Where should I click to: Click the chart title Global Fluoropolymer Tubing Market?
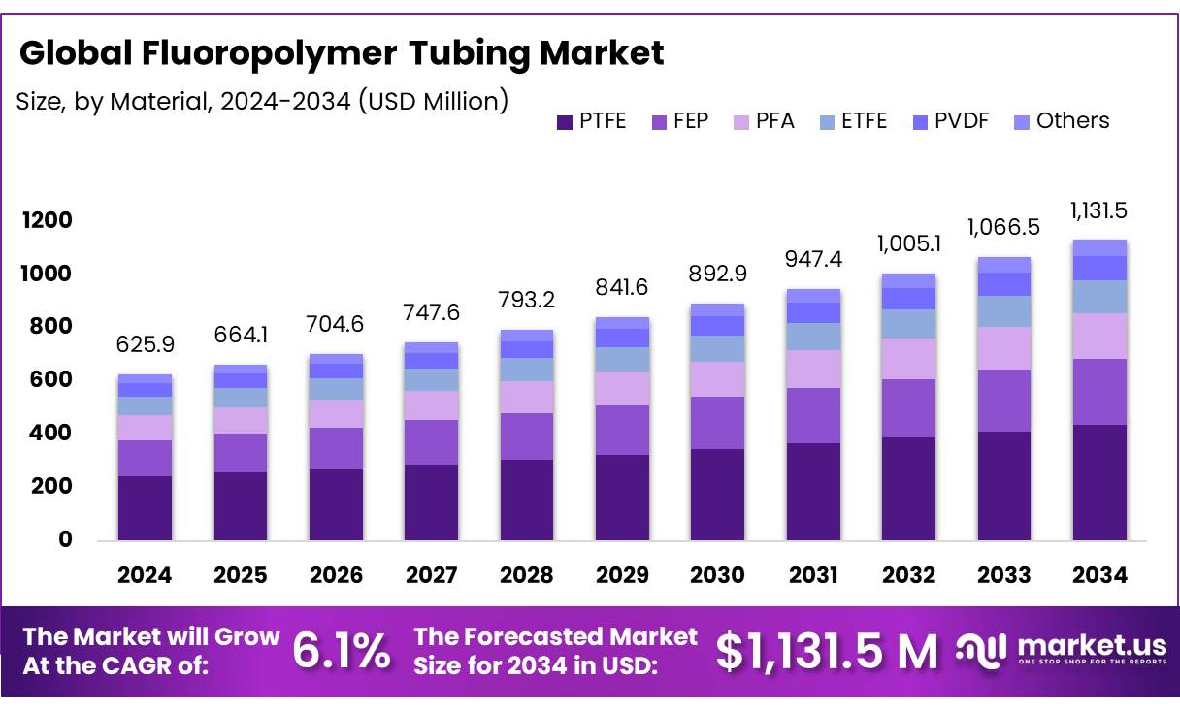tap(342, 53)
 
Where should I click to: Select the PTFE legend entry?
tap(591, 121)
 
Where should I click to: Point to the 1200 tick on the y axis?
tap(48, 221)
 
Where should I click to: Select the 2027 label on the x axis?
tap(431, 575)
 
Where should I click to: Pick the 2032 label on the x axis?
tap(909, 575)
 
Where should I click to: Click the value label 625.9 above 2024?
tap(145, 343)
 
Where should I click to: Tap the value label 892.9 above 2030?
tap(718, 274)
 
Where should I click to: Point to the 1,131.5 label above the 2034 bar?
tap(1098, 210)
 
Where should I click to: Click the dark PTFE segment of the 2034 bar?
tap(1099, 482)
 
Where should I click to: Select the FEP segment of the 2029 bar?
tap(622, 430)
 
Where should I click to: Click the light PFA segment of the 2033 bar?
tap(1003, 348)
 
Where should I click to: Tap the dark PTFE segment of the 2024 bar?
tap(145, 507)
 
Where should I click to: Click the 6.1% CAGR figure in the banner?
tap(342, 651)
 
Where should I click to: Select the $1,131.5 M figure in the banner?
tap(827, 651)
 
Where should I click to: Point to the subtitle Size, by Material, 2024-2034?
tap(262, 100)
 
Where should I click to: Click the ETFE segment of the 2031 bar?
tap(813, 336)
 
